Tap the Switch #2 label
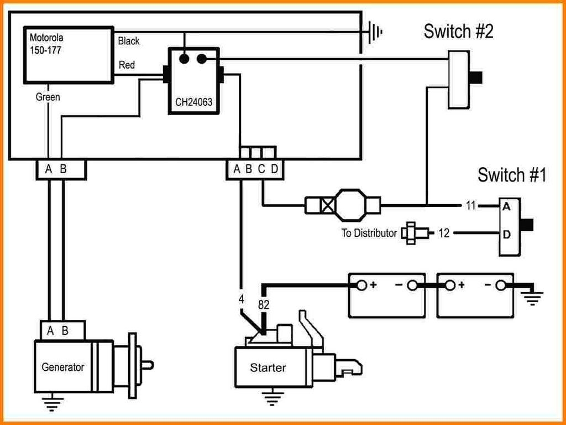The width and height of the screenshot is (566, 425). click(x=458, y=31)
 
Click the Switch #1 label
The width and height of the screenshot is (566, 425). click(x=512, y=175)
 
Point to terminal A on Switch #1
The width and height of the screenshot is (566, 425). click(x=506, y=207)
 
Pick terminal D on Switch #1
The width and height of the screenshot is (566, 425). click(x=506, y=234)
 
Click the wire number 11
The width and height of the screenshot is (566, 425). click(x=470, y=206)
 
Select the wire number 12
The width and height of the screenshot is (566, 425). click(x=444, y=233)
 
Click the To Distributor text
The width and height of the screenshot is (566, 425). click(x=369, y=233)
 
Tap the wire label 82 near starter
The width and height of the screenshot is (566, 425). click(x=264, y=304)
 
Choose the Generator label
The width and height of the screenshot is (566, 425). click(x=63, y=367)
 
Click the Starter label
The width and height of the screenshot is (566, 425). click(x=268, y=367)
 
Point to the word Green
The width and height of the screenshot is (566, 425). click(x=48, y=97)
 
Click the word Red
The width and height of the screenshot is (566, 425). click(x=127, y=65)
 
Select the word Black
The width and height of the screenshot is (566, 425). click(x=129, y=41)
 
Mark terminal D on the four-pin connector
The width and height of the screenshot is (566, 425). click(x=274, y=169)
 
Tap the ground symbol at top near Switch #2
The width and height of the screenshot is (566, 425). click(x=375, y=32)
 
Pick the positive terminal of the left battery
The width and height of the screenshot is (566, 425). click(x=361, y=286)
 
